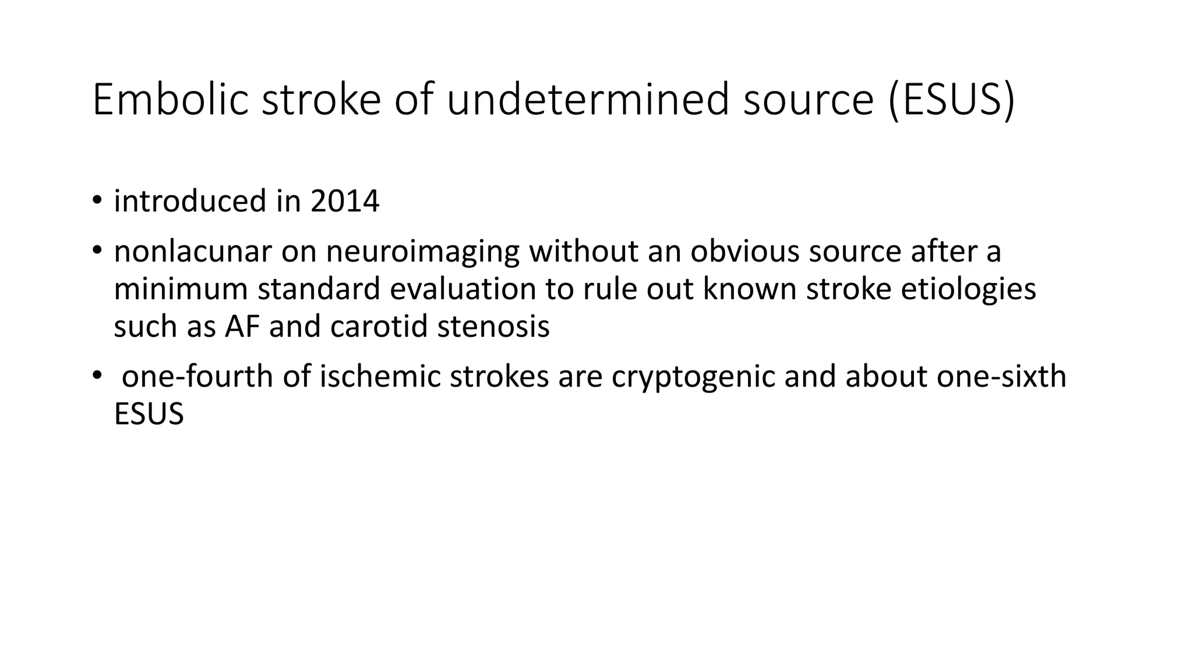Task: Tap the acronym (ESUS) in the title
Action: [x=951, y=100]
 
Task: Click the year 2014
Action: [x=345, y=202]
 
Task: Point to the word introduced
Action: [x=190, y=202]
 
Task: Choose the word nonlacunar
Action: [x=193, y=252]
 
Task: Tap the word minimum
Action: [x=181, y=289]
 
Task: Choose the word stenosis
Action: [x=493, y=327]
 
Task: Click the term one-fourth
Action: [x=198, y=377]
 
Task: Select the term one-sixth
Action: [x=1001, y=377]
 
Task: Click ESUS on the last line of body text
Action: [x=149, y=415]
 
